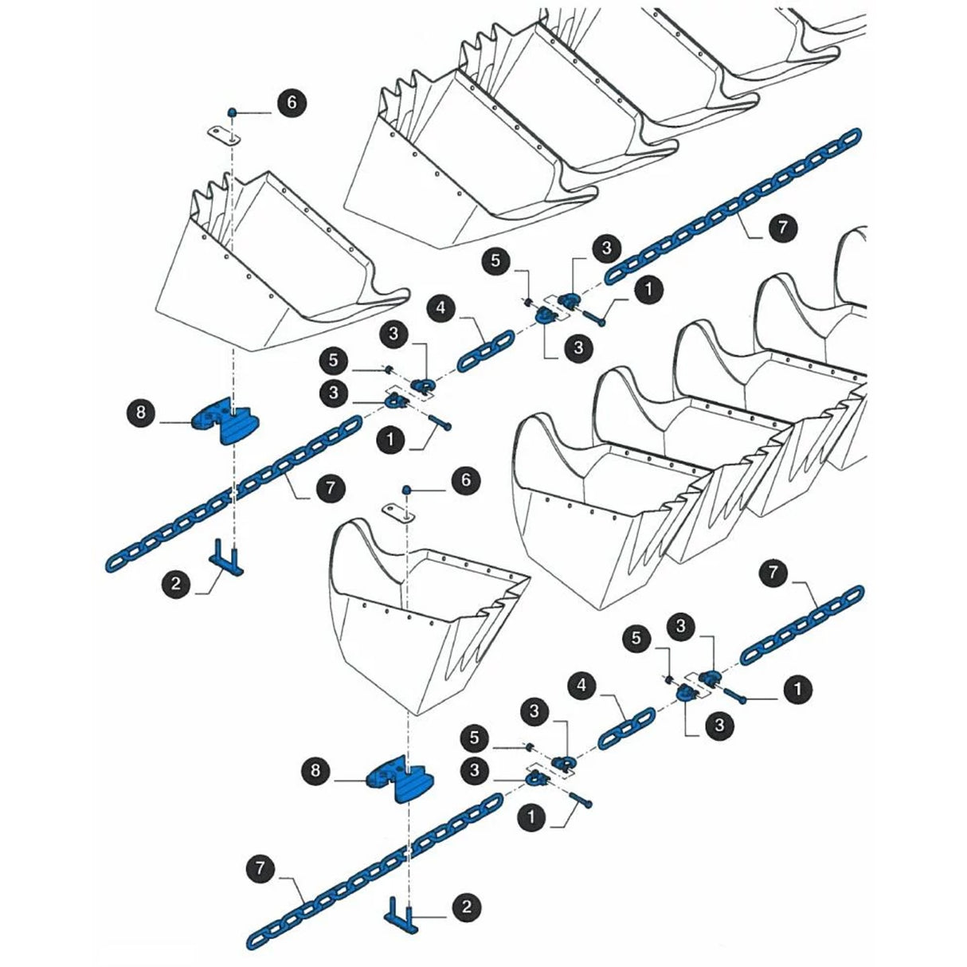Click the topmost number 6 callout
(x=292, y=103)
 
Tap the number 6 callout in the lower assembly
(x=467, y=480)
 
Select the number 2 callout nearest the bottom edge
(x=467, y=906)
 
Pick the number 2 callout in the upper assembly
(x=176, y=584)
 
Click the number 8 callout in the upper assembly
(x=142, y=413)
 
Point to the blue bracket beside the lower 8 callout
(x=401, y=781)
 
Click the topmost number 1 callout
(x=649, y=288)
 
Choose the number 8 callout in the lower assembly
(x=317, y=770)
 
